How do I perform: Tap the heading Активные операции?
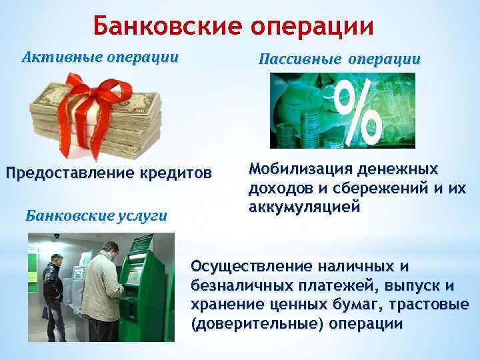coord(100,57)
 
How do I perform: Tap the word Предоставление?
coord(70,175)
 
